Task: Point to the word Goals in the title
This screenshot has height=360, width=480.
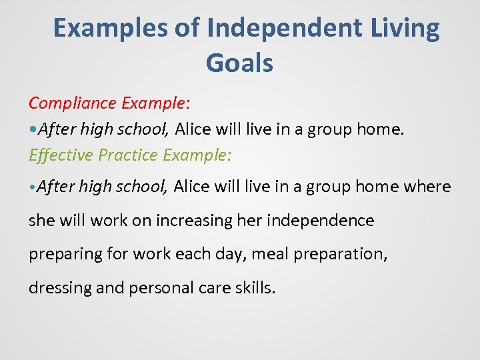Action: tap(239, 63)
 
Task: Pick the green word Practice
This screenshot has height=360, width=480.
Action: tap(127, 155)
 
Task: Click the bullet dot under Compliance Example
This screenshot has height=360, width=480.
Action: tap(32, 129)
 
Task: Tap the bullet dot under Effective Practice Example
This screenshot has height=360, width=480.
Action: tap(32, 187)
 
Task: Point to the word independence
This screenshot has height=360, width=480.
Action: tap(320, 220)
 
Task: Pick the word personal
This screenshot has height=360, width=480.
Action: tap(157, 288)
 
